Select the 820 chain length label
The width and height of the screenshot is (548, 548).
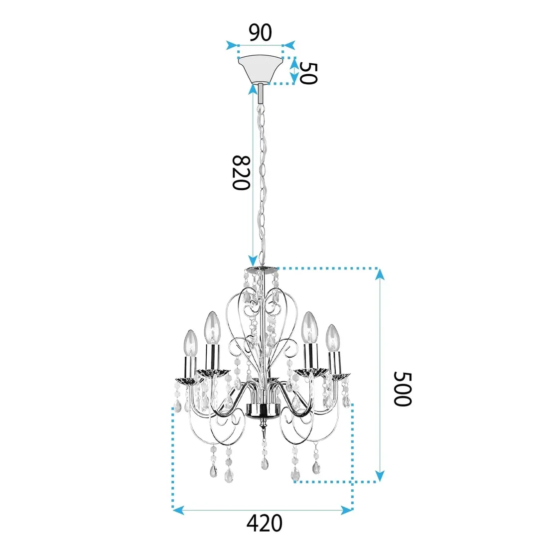click(x=240, y=172)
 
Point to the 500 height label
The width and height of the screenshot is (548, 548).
click(x=403, y=389)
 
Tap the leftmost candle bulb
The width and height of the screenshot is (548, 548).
click(x=191, y=343)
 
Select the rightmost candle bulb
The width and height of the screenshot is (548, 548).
click(x=332, y=338)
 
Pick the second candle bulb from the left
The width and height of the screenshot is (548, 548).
click(x=213, y=326)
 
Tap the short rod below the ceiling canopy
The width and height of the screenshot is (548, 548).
click(x=261, y=93)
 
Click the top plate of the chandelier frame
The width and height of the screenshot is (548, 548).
click(x=261, y=271)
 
